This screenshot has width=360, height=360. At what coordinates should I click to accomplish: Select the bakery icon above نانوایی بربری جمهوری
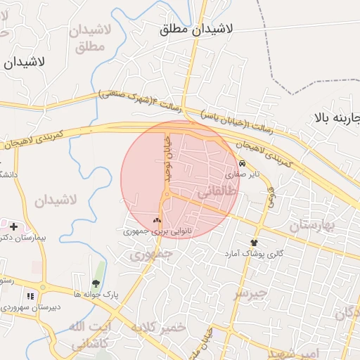(157, 220)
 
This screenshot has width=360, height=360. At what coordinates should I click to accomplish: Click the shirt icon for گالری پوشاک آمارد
(253, 243)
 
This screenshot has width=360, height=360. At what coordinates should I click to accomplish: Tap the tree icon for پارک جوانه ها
(95, 284)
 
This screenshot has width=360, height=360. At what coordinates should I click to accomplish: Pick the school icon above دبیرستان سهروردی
(30, 296)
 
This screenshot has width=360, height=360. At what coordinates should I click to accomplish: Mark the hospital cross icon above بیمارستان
(13, 226)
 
